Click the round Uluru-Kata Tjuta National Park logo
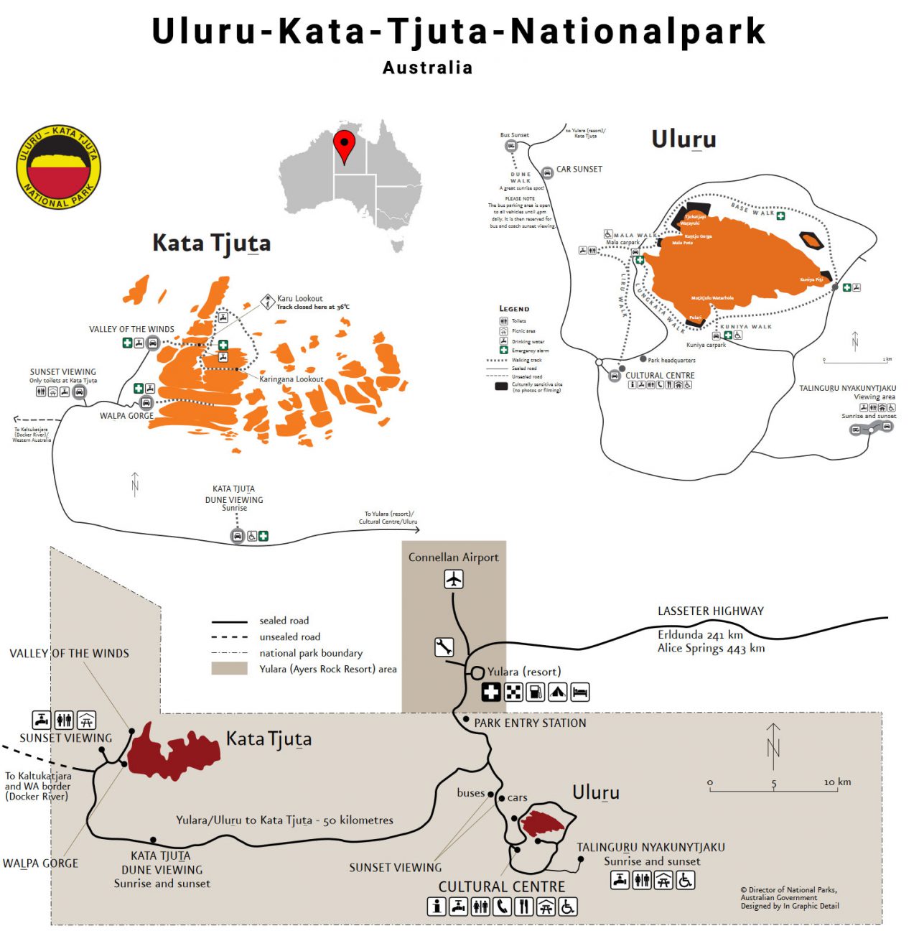[59, 167]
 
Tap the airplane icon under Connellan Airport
[454, 579]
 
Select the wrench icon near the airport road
[444, 647]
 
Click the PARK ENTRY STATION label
[530, 723]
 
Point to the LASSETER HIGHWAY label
[710, 611]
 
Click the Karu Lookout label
[299, 298]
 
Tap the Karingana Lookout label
[291, 379]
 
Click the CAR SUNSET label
[579, 170]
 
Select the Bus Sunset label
[514, 135]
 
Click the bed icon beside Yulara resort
[580, 693]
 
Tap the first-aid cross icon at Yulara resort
[491, 693]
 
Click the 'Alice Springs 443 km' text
[711, 649]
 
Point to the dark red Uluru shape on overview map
[543, 823]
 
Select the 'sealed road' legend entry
[284, 621]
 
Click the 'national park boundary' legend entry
[310, 653]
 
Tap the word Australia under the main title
[427, 68]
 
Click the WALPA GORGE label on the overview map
[40, 863]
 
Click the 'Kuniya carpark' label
[706, 345]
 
